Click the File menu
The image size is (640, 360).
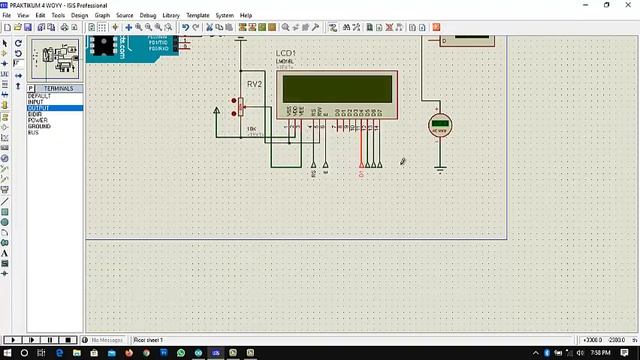click(7, 16)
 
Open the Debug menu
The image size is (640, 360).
click(148, 16)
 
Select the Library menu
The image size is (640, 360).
click(171, 16)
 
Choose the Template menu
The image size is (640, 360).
click(198, 16)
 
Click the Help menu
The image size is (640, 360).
click(246, 16)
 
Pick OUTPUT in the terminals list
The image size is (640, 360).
click(38, 108)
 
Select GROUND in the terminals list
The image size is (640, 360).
click(39, 126)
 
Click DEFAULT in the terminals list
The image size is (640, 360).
click(39, 96)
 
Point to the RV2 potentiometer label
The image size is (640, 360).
click(254, 85)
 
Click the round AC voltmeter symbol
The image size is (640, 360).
click(439, 126)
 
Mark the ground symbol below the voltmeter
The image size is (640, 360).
click(439, 169)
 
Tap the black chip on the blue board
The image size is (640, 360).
click(101, 45)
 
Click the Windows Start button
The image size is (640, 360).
click(7, 353)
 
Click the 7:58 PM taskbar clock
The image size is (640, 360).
click(601, 353)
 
